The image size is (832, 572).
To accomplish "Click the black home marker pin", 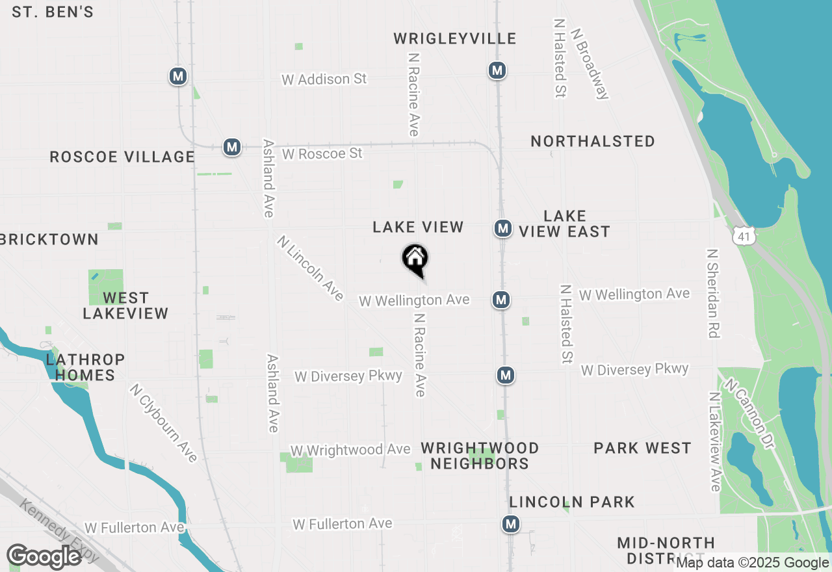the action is coord(415,259).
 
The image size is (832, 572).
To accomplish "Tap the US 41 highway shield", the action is coord(744,235).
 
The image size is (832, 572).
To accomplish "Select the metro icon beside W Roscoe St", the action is coord(232,147).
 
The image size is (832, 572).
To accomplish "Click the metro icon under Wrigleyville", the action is coord(497,70).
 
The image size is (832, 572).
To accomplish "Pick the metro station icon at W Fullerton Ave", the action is coord(511,524).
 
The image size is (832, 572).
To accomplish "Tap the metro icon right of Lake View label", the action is coord(502,228).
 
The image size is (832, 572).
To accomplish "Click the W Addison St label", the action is coord(324,79).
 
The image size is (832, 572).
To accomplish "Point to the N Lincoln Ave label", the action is coord(310,268).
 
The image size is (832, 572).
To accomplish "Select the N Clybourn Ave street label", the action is coord(164,423).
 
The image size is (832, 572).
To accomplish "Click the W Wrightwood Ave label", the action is coord(350,450).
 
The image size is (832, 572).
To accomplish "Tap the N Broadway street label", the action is coord(589,63).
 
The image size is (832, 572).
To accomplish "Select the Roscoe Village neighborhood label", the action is coord(122,157).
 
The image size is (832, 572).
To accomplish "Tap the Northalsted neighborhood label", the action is coord(593,141).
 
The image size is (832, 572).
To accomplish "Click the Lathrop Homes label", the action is coord(85,367).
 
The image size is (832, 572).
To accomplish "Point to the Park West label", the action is coord(642,448).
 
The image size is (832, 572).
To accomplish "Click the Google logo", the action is coord(44,557).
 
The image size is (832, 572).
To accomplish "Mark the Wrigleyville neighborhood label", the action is coord(455,39).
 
